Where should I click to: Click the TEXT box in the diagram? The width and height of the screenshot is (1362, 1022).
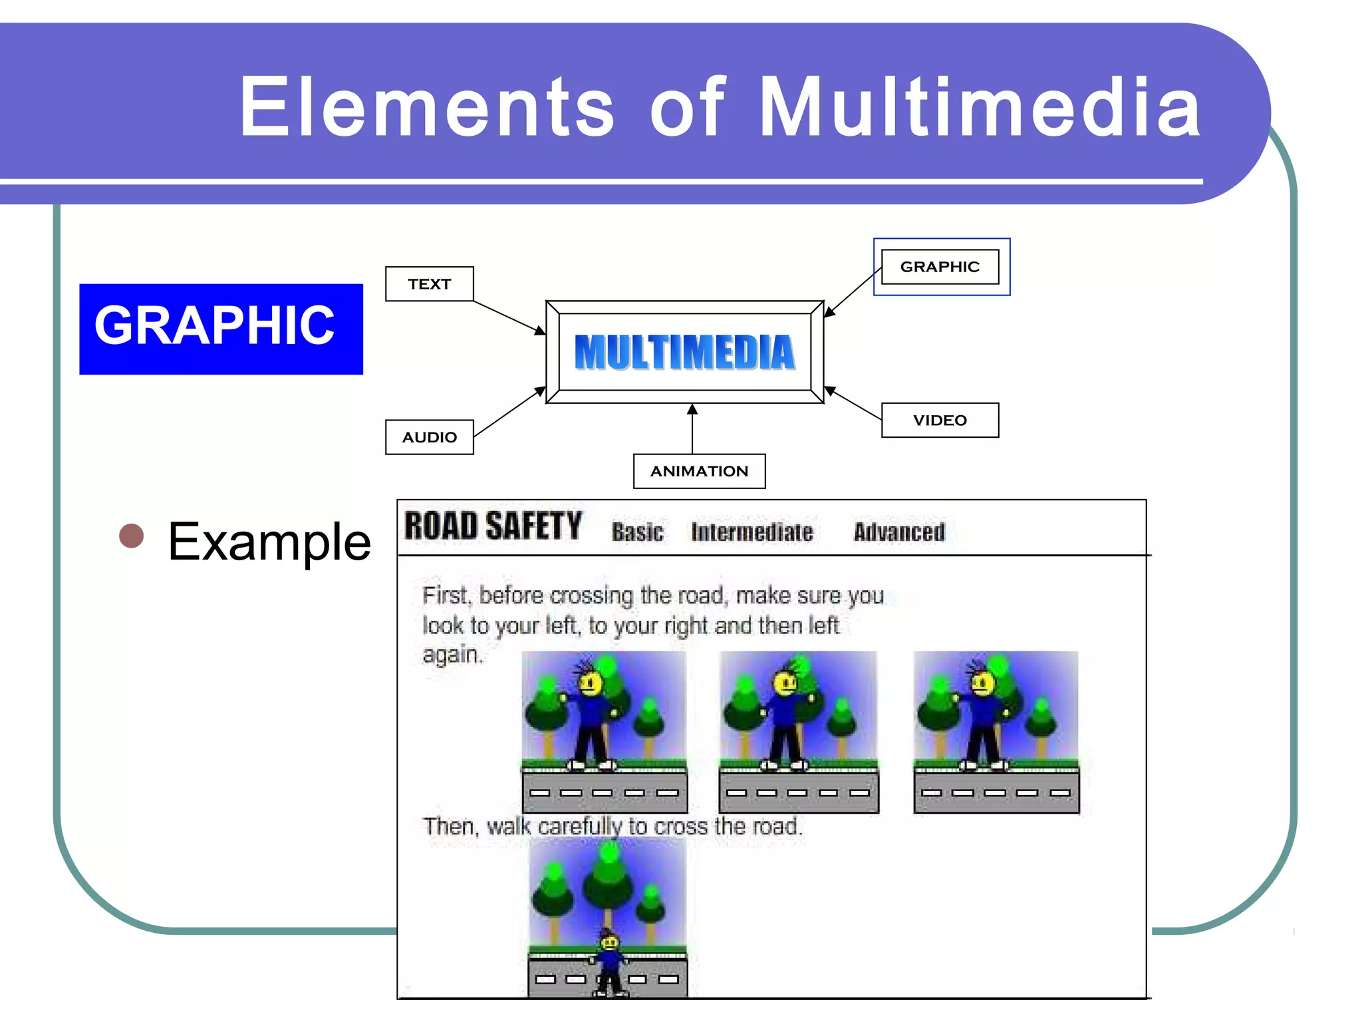429,284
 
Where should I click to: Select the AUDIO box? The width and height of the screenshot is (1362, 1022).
429,437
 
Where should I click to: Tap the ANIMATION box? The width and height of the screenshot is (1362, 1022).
699,471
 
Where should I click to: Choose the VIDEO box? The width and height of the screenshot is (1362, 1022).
939,421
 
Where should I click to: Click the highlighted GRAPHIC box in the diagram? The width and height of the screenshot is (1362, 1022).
940,267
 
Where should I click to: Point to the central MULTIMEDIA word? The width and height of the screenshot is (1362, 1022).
684,352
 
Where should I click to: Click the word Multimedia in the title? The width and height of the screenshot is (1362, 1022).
978,106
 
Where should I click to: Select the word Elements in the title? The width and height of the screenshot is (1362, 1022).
426,106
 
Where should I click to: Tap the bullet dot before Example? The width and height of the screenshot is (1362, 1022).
132,536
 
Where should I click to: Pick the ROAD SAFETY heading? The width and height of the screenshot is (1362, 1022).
493,526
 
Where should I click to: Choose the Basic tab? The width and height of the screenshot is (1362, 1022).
637,532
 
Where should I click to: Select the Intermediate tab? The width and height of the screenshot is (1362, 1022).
751,532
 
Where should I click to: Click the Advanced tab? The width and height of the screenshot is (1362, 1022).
898,532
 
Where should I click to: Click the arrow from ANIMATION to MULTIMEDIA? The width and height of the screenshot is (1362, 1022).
692,429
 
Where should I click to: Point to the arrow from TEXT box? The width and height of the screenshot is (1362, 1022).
509,317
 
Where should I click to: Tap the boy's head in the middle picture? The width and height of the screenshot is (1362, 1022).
785,683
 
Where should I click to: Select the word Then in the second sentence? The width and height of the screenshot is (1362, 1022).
448,827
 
